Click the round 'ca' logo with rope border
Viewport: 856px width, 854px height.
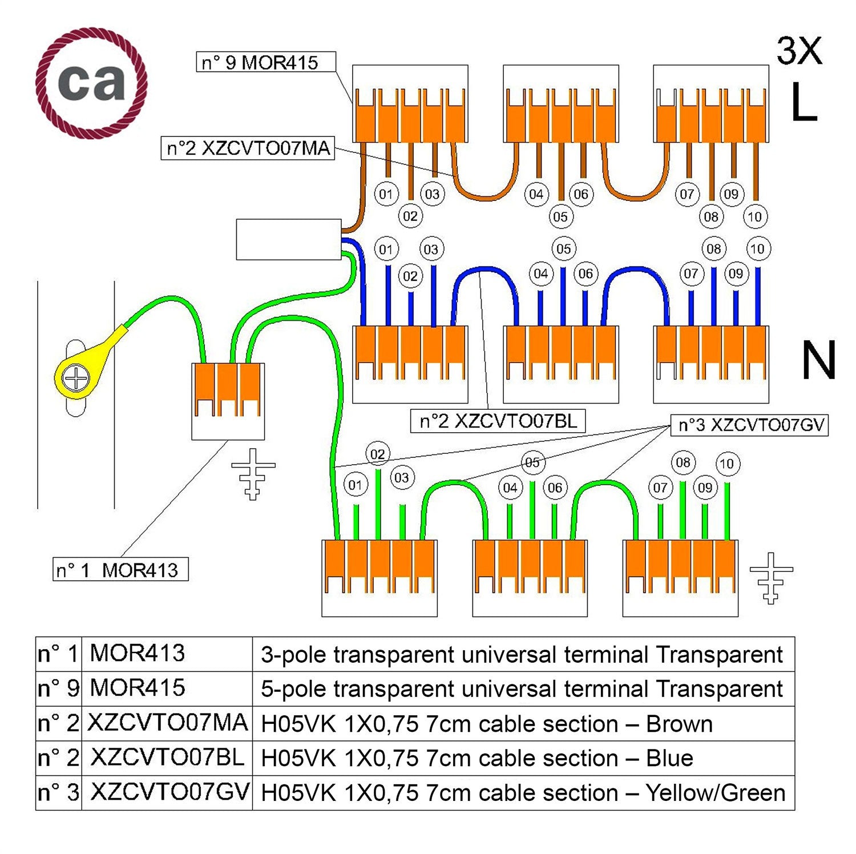point(91,83)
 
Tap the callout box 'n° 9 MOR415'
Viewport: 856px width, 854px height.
point(266,62)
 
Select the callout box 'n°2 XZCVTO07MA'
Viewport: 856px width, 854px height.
point(248,148)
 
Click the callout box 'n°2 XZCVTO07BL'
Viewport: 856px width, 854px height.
point(498,421)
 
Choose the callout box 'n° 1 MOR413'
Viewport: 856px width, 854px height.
point(120,570)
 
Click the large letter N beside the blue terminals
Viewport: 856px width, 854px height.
point(818,360)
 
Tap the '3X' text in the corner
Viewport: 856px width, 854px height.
point(799,51)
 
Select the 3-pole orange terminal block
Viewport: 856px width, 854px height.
point(228,400)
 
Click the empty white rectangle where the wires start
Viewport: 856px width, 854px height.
point(289,239)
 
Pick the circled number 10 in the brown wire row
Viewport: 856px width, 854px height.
point(754,217)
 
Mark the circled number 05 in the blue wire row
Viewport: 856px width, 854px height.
point(563,249)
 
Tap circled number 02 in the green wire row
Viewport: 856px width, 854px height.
point(377,454)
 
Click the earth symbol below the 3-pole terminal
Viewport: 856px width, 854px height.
point(253,473)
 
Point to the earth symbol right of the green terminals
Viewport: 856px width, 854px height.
point(771,577)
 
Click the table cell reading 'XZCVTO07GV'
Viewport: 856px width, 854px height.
point(168,792)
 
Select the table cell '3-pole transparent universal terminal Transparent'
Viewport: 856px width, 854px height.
point(522,654)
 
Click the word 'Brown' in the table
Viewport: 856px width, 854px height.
point(679,724)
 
